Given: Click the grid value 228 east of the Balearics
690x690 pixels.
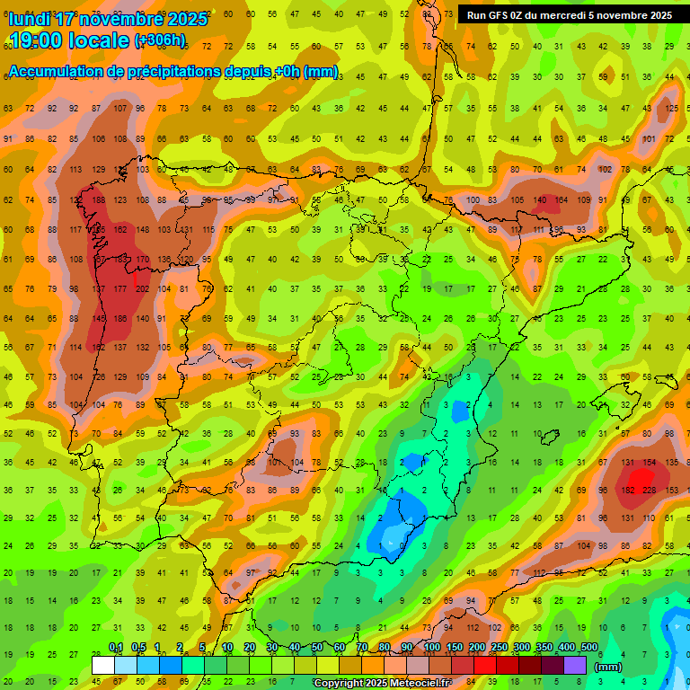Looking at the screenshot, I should click(x=650, y=490).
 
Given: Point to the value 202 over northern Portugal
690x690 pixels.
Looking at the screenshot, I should click(x=142, y=288).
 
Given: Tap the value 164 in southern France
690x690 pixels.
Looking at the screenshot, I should click(x=562, y=199).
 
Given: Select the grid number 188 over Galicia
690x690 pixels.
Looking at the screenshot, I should click(x=98, y=199).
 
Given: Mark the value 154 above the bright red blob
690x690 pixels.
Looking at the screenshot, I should click(x=650, y=461).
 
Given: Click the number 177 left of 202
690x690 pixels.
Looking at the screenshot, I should click(x=120, y=288).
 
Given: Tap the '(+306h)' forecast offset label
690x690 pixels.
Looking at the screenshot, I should click(x=160, y=40).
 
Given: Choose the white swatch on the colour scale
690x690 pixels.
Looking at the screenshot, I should click(x=103, y=665).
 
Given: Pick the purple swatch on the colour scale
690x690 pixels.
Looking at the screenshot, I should click(x=575, y=665).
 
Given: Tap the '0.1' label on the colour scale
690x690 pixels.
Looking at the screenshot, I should click(x=115, y=648).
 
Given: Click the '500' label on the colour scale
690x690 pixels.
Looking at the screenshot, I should click(x=588, y=648).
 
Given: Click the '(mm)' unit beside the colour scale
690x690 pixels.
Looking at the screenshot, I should click(x=608, y=667).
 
